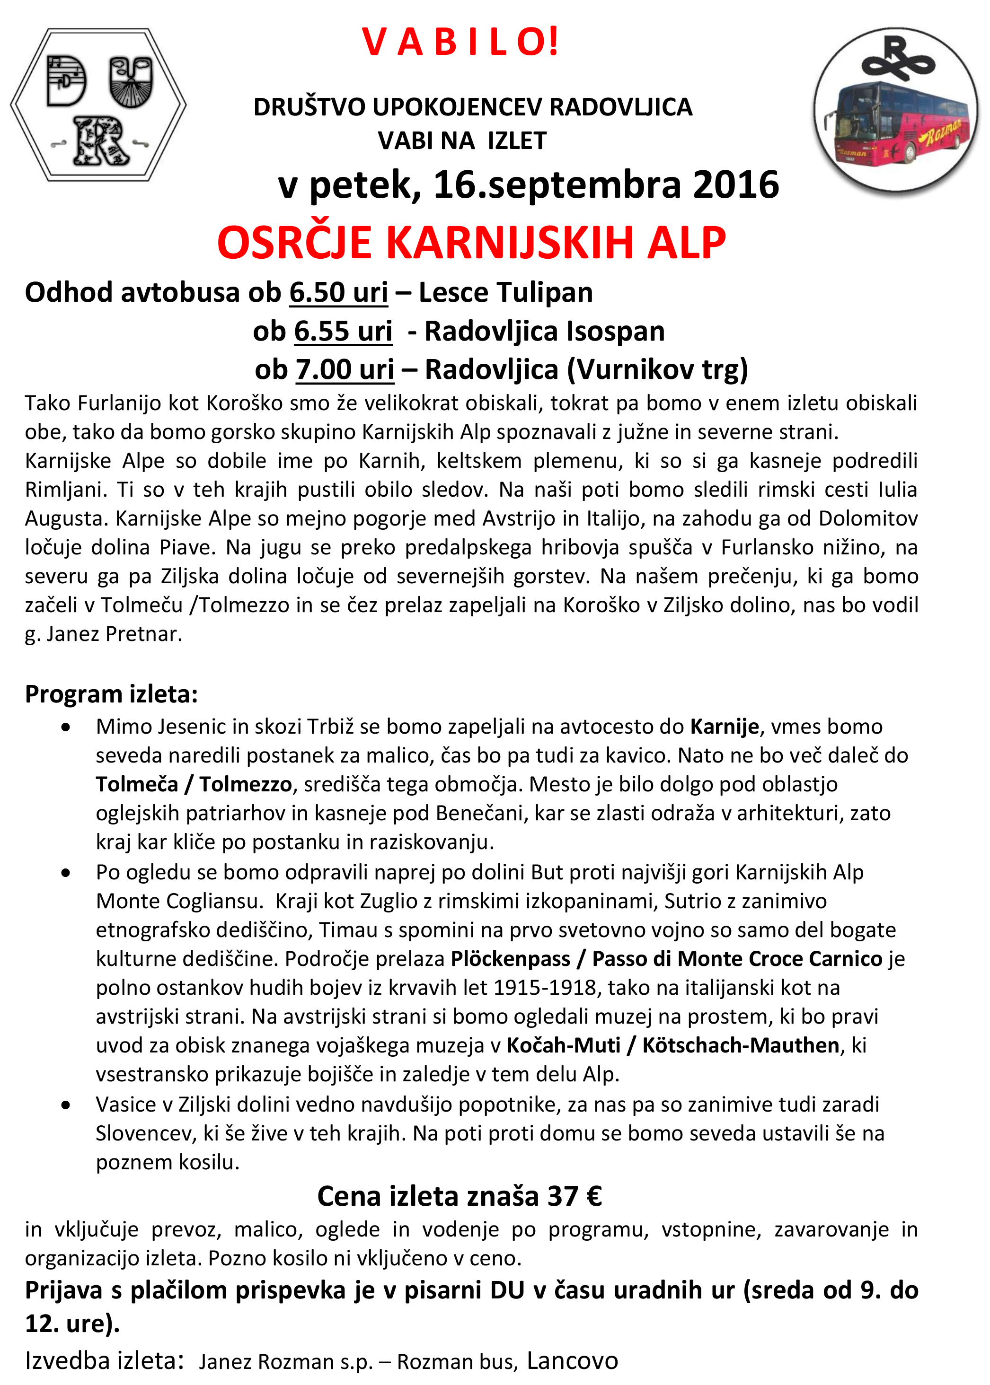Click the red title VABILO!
pos(460,42)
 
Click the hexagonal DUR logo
pos(98,105)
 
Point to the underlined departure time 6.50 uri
pos(338,292)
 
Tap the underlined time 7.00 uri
pos(345,370)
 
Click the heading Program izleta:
pos(112,694)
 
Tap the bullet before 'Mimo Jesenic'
pos(66,727)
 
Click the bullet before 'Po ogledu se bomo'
pos(66,873)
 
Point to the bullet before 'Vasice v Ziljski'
pos(66,1104)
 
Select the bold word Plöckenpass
pos(510,959)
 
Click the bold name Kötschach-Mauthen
pos(741,1045)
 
